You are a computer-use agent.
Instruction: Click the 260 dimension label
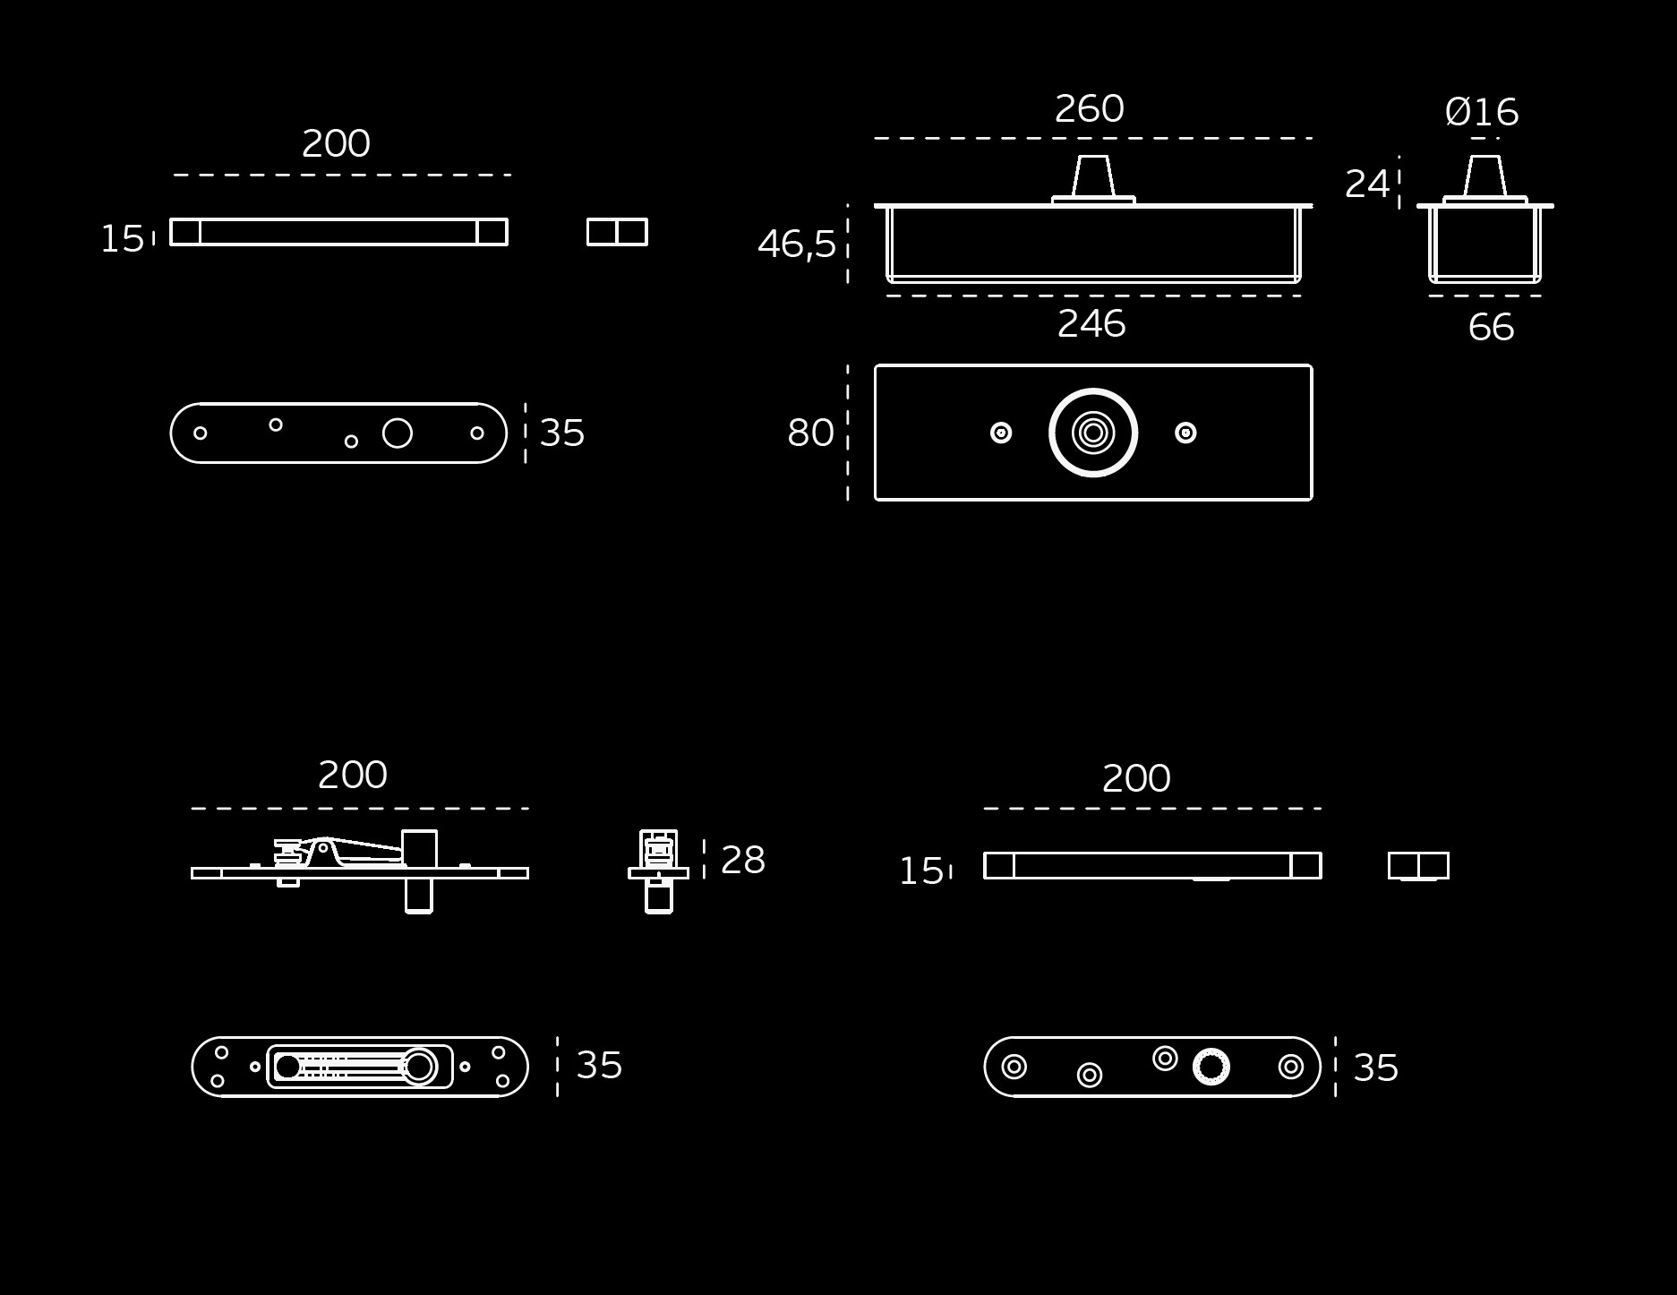pos(1089,109)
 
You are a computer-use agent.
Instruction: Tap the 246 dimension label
pos(1091,323)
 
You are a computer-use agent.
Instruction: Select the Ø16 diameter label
pos(1482,112)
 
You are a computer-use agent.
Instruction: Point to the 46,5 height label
pos(797,244)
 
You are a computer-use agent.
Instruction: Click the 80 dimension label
pos(810,433)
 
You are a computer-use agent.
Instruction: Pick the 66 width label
pos(1491,328)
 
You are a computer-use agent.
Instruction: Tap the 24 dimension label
pos(1367,184)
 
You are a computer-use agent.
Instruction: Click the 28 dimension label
pos(743,860)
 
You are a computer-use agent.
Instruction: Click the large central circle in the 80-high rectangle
pos(1093,390)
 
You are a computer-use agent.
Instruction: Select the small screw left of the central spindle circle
pos(1001,433)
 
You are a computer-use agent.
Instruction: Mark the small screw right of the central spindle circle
pos(1185,433)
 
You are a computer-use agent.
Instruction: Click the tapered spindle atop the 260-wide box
pos(1093,176)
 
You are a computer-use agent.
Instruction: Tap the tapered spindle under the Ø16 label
pos(1485,176)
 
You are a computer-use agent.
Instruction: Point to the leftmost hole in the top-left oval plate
pos(201,433)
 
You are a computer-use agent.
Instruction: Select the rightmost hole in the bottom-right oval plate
pos(1291,1067)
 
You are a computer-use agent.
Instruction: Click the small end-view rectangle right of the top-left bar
pos(617,232)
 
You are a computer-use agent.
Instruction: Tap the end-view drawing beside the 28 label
pos(659,871)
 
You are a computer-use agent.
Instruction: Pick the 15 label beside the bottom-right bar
pos(921,871)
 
